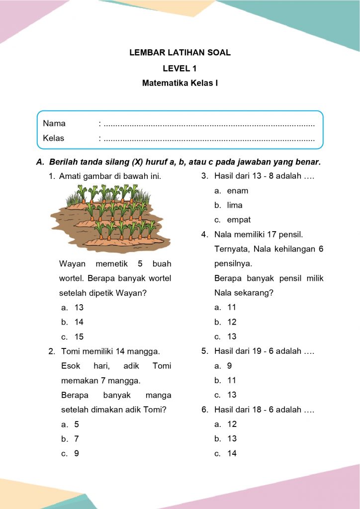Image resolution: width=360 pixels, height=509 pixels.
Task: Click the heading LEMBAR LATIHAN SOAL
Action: [180, 52]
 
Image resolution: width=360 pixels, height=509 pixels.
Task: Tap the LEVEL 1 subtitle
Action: [180, 69]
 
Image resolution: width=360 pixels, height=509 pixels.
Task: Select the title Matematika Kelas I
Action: [180, 83]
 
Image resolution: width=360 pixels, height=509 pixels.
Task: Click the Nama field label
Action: [54, 123]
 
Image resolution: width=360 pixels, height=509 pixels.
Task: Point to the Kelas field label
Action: [54, 138]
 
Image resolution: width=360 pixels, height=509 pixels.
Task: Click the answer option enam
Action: [237, 190]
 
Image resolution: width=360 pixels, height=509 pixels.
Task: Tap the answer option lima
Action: [235, 205]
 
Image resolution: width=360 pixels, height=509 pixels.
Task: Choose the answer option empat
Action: [239, 220]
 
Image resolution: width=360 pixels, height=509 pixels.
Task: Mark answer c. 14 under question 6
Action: [232, 453]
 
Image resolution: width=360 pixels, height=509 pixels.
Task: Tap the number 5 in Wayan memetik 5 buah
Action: [140, 263]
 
